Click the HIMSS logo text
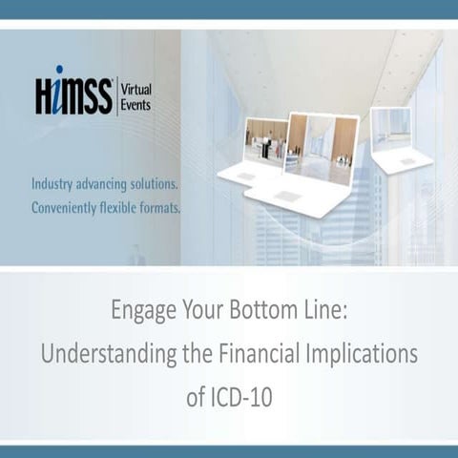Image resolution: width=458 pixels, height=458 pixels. coord(73,96)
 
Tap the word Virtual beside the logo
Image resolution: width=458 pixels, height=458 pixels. coord(135,90)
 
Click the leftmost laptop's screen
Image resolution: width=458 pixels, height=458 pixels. coord(266,141)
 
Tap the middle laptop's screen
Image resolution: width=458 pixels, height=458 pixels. coord(323,149)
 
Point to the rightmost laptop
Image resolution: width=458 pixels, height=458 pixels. coord(397,139)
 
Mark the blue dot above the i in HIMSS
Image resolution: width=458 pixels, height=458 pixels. coord(60,72)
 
